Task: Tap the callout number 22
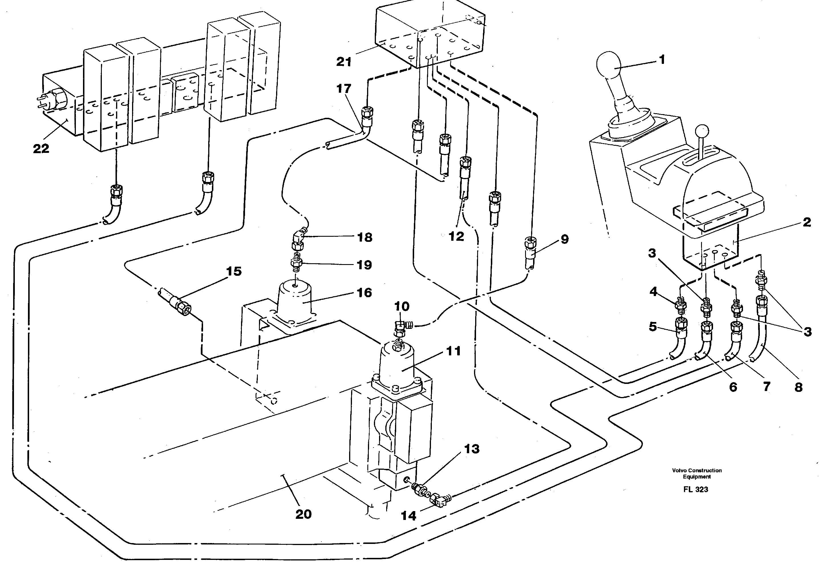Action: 41,149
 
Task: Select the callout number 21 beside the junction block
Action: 344,62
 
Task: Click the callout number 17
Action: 344,88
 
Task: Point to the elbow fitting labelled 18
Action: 298,240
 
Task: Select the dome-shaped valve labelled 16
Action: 295,299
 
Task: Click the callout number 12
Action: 457,236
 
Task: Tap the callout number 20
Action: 303,514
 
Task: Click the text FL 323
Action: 695,489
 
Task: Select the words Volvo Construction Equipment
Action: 697,473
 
